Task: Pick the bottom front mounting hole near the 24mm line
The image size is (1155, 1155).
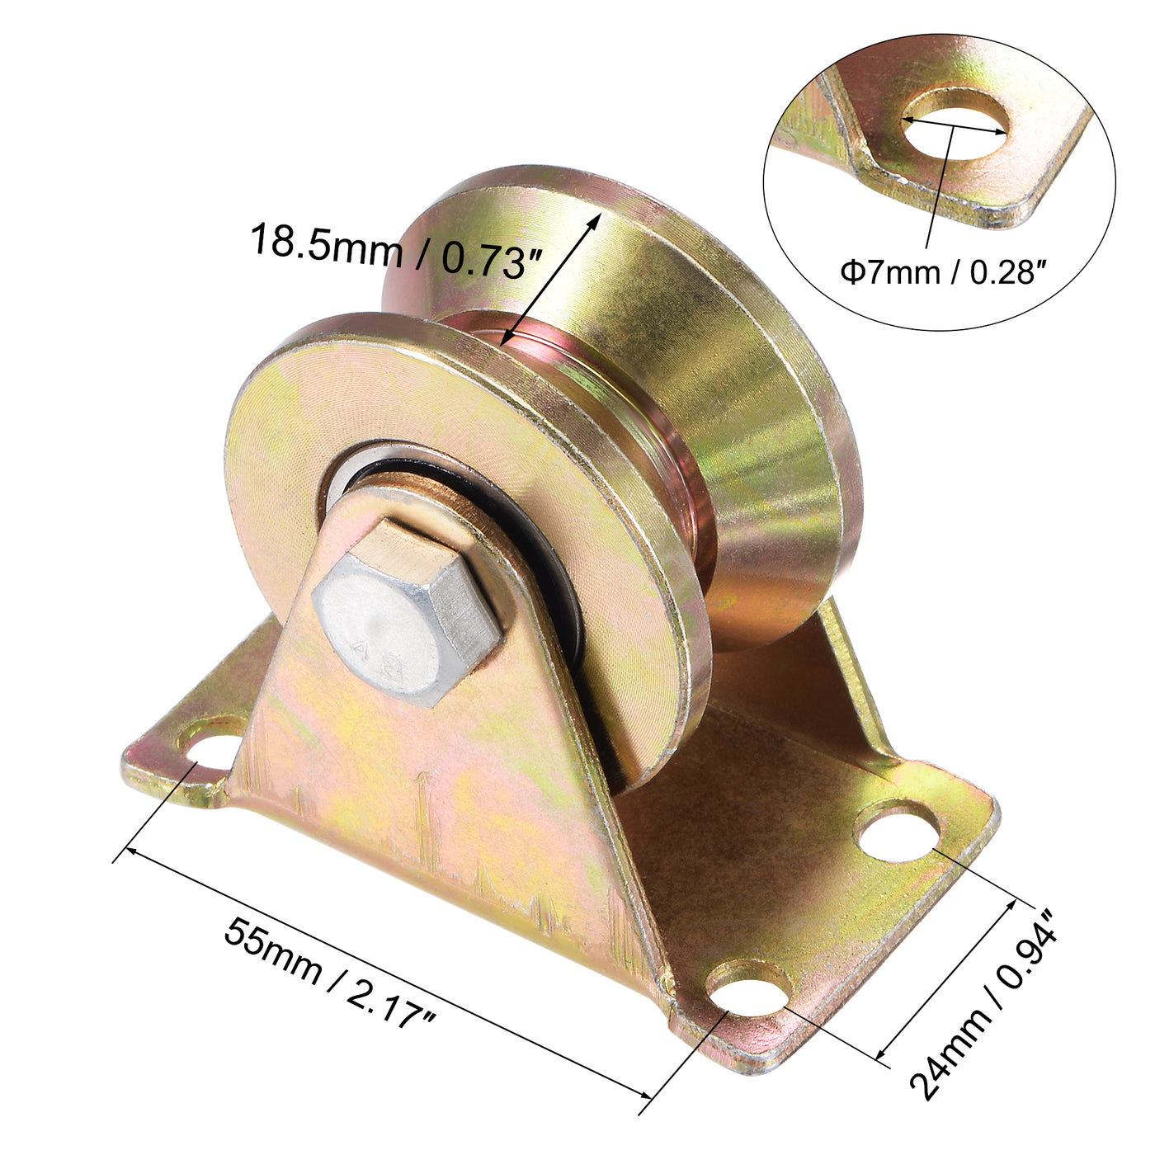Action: [747, 990]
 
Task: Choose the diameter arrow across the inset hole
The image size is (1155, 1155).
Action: [955, 125]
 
